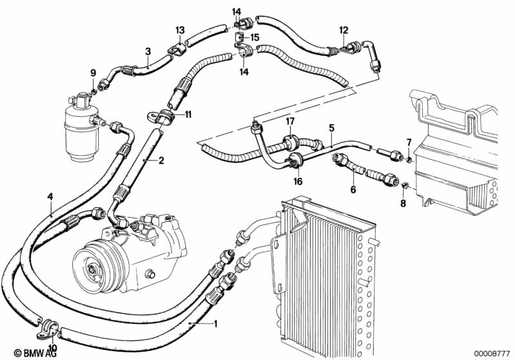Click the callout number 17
point(290,122)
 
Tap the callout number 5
point(331,128)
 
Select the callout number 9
point(93,73)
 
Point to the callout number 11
point(188,115)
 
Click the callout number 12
point(344,30)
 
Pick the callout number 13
point(180,30)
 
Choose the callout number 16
point(298,181)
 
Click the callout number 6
point(353,189)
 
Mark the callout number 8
point(403,204)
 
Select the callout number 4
point(50,196)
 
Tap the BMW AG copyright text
point(35,353)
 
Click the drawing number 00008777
point(492,353)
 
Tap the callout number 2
point(161,160)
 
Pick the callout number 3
point(148,52)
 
